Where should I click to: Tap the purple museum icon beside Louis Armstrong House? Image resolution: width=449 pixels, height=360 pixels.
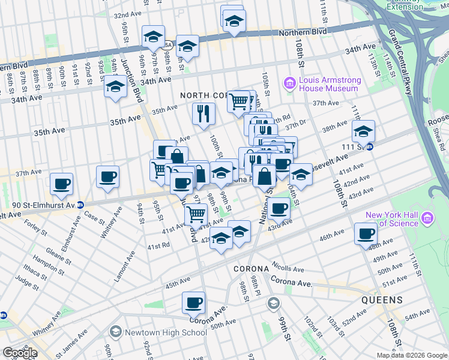click(x=290, y=82)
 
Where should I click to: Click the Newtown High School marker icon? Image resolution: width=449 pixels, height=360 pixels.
click(x=115, y=332)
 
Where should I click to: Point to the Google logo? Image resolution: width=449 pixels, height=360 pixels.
click(x=20, y=353)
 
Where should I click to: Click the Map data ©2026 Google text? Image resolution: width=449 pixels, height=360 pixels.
click(x=412, y=355)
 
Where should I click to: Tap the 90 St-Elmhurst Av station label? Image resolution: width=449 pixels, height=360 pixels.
click(x=37, y=205)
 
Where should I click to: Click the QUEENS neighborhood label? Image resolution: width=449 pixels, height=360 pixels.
click(x=382, y=299)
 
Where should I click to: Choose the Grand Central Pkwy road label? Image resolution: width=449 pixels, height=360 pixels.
click(x=400, y=61)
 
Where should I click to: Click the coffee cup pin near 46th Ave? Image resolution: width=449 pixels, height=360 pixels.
click(x=365, y=234)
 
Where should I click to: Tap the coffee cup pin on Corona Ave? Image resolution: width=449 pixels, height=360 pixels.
click(x=193, y=303)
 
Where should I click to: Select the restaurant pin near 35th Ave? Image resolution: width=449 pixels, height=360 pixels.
click(x=203, y=113)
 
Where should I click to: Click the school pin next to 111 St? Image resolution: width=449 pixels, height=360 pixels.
click(x=363, y=131)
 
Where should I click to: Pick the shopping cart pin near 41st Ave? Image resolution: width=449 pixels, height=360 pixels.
click(x=196, y=214)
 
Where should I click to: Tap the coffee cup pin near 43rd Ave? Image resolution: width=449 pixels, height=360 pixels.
click(x=279, y=208)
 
